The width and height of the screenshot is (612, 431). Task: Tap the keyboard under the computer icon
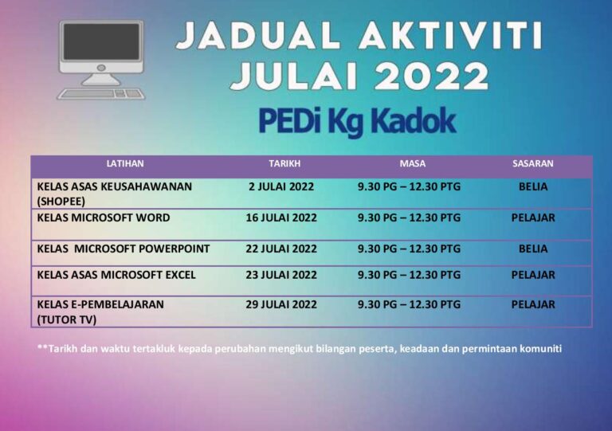click(100, 93)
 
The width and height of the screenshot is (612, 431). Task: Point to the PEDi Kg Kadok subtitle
click(356, 121)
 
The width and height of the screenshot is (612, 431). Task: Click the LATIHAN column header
click(125, 163)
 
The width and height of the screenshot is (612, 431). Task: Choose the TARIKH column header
click(284, 163)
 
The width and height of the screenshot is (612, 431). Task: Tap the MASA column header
click(412, 163)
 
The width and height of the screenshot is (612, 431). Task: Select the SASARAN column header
click(532, 163)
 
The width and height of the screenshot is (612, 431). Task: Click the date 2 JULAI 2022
click(281, 187)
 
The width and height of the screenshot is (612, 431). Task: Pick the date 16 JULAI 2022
click(281, 217)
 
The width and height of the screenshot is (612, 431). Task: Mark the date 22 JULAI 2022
click(281, 249)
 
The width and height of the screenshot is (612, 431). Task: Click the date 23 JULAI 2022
click(281, 275)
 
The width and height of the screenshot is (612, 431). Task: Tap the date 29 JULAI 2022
click(281, 304)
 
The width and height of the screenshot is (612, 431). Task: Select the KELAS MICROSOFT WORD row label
click(104, 217)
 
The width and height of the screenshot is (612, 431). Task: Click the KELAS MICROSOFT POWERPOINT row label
click(124, 249)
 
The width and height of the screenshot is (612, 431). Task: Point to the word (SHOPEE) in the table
click(61, 201)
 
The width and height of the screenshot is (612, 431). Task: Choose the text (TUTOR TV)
click(67, 319)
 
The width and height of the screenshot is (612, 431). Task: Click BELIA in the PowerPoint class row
click(533, 249)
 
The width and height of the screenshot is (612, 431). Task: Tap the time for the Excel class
click(409, 275)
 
